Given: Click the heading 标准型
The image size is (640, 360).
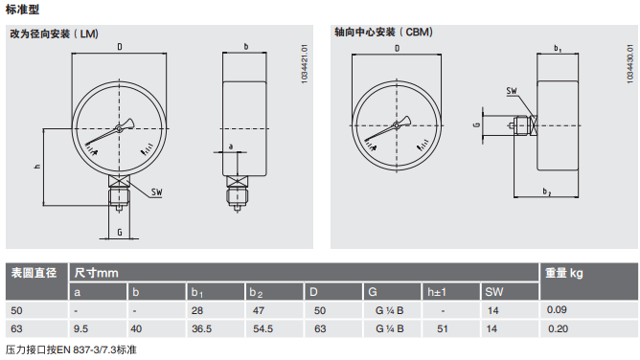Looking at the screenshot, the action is tap(22, 10).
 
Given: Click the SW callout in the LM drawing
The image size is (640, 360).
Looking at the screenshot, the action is tap(157, 192).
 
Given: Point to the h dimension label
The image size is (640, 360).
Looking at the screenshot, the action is tap(37, 166).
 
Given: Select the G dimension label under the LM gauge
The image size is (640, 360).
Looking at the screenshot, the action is tap(120, 232).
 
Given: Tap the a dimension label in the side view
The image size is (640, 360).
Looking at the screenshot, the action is tap(231, 146).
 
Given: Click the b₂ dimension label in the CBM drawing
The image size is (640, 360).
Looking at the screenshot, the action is tap(547, 191).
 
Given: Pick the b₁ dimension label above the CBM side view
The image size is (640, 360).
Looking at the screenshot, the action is tap(558, 48).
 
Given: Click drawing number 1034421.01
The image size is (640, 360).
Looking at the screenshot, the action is tap(305, 64).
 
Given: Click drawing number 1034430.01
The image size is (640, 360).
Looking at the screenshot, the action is tap(629, 63).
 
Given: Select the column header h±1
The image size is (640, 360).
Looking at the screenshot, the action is tap(437, 292).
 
